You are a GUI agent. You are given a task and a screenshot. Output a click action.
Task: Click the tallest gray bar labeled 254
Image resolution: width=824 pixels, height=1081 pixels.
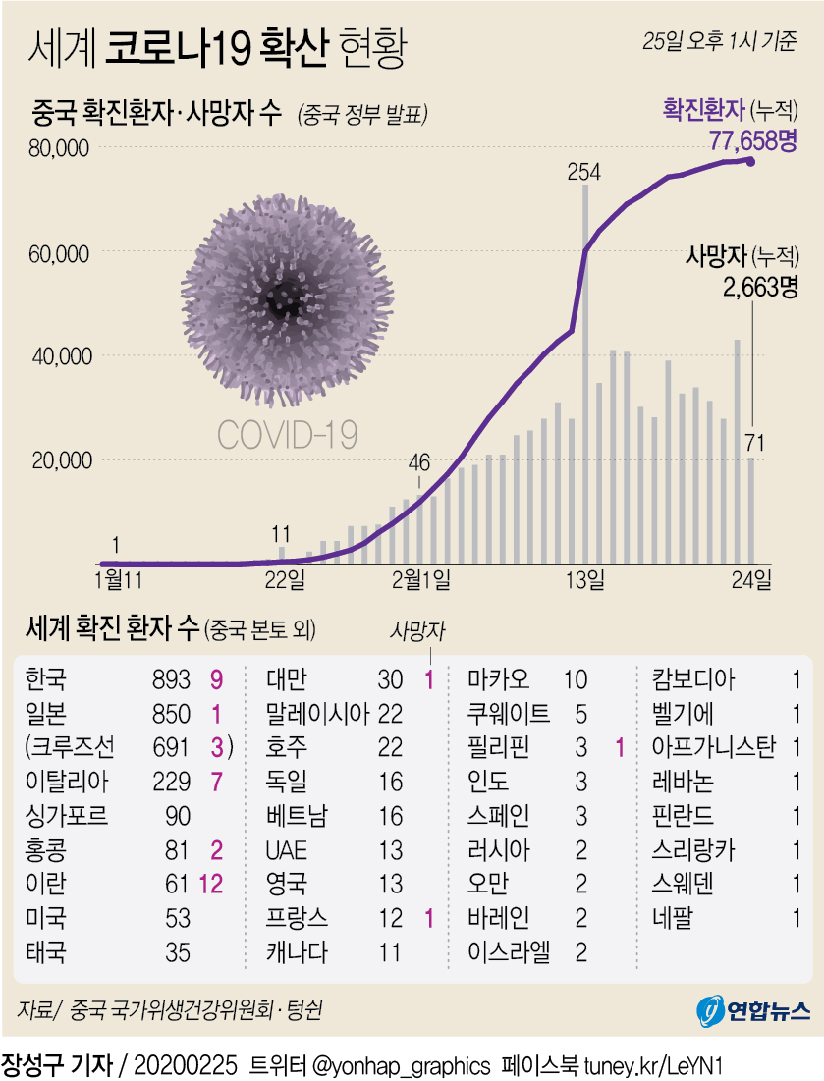tap(585, 373)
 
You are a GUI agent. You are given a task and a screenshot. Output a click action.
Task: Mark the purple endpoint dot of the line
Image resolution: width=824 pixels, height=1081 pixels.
tap(751, 161)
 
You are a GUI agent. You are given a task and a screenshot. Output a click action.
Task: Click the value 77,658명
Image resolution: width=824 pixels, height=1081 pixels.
tap(752, 140)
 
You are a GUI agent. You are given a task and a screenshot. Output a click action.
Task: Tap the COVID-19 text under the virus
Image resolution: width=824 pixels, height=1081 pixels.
tap(287, 434)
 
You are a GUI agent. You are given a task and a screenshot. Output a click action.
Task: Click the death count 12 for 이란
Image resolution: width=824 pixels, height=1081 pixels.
tap(212, 884)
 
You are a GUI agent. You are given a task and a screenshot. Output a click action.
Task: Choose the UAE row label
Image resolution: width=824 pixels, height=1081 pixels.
tap(287, 849)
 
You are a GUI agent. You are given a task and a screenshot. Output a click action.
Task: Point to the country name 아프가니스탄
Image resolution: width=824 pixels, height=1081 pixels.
tap(714, 747)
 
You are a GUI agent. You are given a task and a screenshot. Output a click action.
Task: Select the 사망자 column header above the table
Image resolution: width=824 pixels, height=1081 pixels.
tap(416, 632)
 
